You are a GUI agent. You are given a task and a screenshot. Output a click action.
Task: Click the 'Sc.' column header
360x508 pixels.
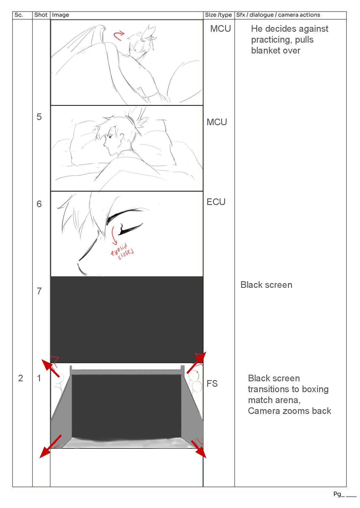tap(18, 15)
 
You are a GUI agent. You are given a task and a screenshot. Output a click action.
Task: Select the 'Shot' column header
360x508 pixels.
tap(41, 15)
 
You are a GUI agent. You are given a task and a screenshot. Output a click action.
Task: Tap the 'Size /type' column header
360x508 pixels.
tap(218, 15)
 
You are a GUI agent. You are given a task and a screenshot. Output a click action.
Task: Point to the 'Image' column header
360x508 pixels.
tap(60, 15)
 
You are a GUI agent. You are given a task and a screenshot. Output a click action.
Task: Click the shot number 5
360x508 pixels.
tap(39, 117)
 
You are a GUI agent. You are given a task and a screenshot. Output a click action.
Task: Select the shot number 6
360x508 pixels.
tap(39, 204)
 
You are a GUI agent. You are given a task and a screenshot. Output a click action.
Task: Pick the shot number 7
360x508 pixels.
tap(39, 291)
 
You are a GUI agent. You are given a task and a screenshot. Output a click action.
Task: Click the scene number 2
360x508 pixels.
tap(20, 378)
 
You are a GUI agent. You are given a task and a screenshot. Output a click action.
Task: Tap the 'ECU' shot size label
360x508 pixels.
tap(216, 202)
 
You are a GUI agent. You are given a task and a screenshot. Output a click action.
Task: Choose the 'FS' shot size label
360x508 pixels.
tap(212, 383)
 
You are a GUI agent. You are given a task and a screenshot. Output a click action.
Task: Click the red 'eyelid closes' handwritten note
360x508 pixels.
tap(122, 251)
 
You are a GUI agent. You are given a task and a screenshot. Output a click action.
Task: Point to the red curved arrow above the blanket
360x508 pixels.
tap(119, 35)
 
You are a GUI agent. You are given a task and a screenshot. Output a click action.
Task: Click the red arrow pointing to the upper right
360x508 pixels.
tap(196, 362)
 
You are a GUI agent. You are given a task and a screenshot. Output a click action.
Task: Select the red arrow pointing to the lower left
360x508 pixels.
tap(50, 446)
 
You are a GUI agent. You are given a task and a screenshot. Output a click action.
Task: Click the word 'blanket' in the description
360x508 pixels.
tap(264, 50)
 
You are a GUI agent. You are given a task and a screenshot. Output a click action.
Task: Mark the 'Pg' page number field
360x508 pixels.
tap(345, 494)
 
